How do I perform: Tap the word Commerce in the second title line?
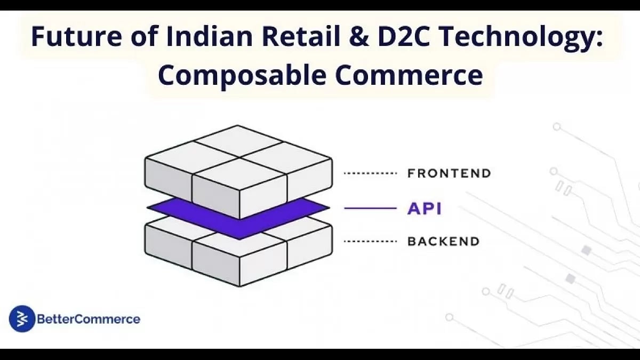point(409,76)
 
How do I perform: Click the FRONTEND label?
point(449,173)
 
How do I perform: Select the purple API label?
point(425,209)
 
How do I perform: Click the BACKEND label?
point(443,242)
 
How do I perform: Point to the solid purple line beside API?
point(370,209)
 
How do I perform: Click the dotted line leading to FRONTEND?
point(370,173)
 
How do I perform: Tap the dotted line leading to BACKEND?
point(370,242)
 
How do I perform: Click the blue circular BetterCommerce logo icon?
point(22,318)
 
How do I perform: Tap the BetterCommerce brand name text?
point(89,319)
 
